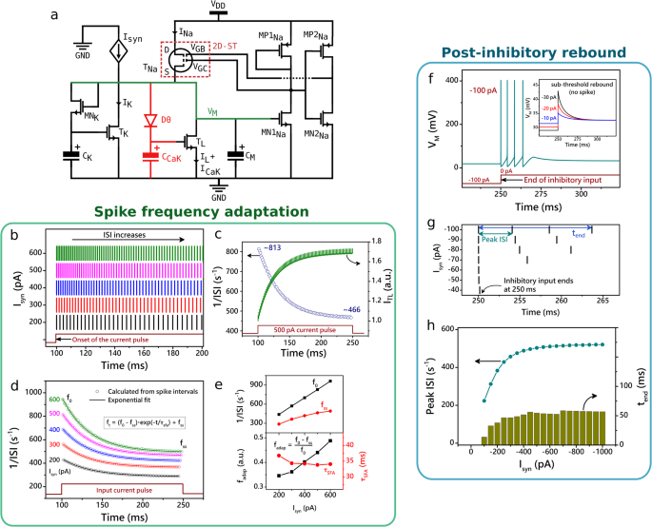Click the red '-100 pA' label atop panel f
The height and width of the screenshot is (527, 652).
click(x=481, y=91)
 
